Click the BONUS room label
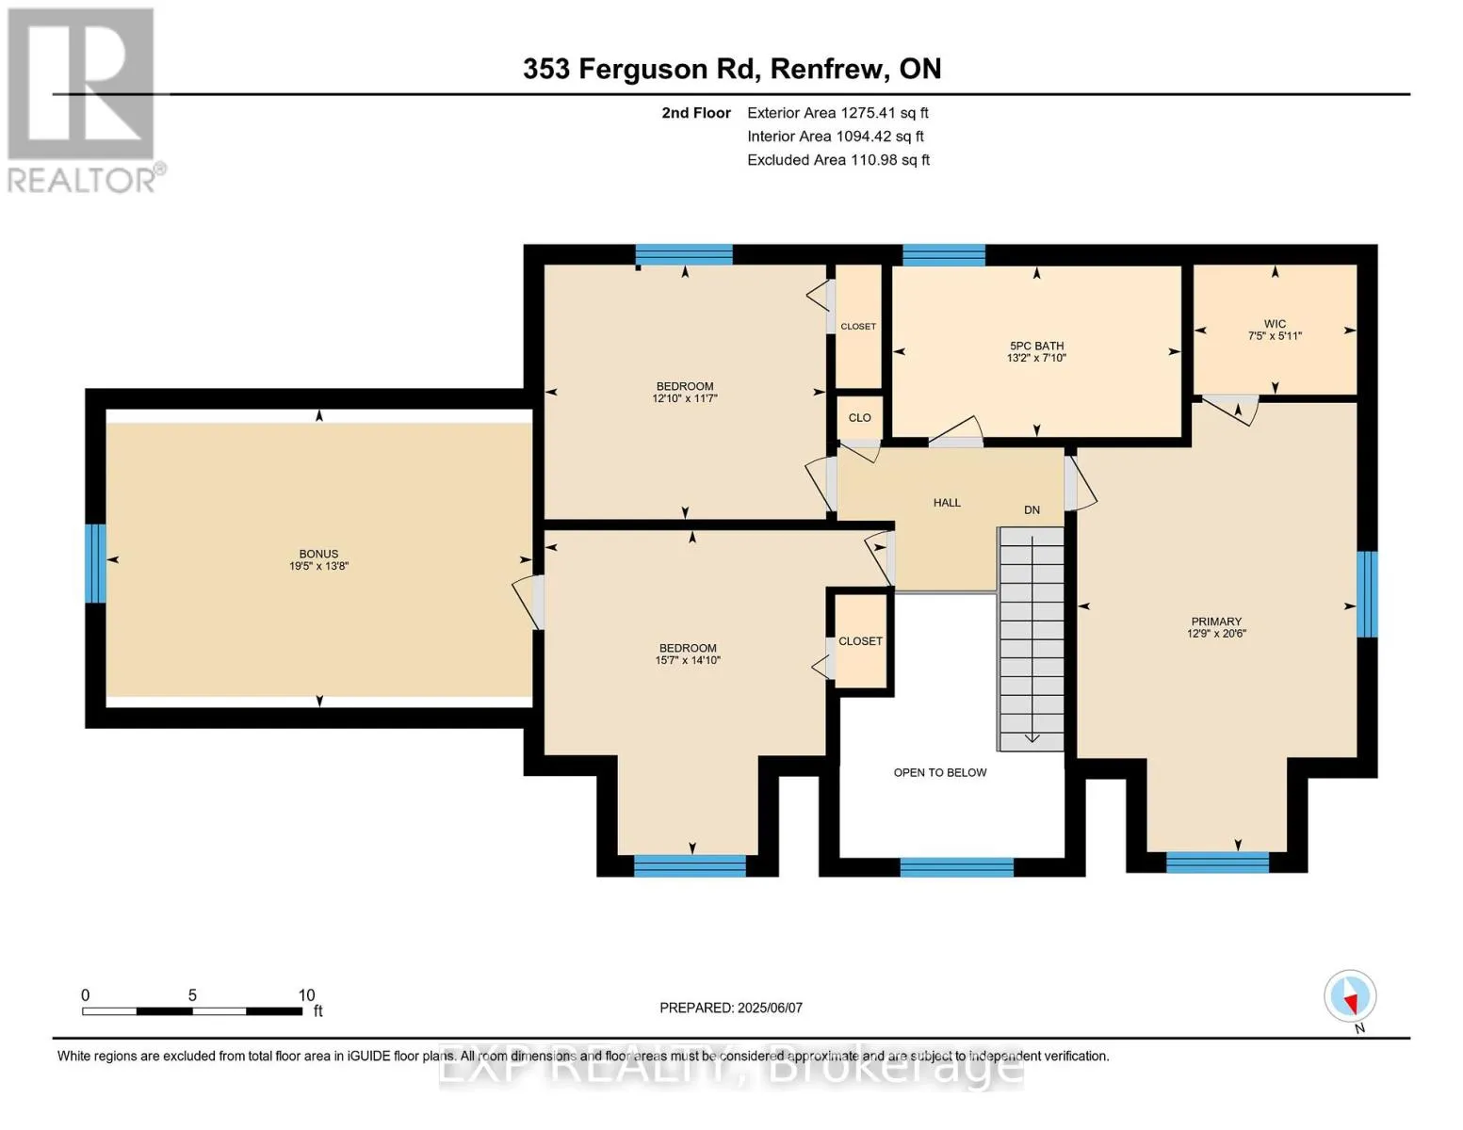point(318,554)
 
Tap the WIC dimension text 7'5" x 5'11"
point(1275,336)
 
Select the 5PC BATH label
point(1036,346)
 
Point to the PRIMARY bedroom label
point(1216,621)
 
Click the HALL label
point(947,503)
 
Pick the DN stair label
point(1032,510)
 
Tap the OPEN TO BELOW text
point(940,772)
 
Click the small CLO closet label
point(860,418)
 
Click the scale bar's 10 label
point(306,994)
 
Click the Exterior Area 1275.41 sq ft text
point(837,113)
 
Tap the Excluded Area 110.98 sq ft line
point(838,160)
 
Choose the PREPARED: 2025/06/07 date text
point(730,1008)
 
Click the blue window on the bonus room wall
point(95,564)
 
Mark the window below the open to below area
point(957,867)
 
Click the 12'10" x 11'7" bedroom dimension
point(685,398)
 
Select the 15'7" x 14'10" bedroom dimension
point(688,660)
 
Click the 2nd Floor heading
point(695,113)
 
